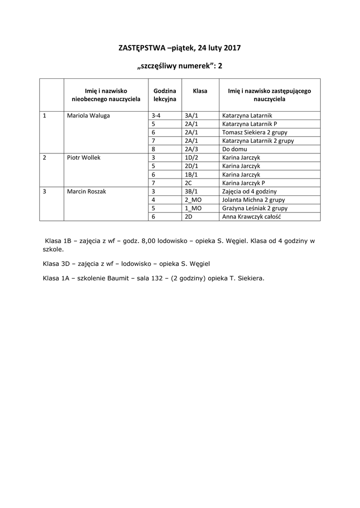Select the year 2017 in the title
point(232,48)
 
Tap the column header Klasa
point(200,91)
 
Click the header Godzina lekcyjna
point(165,95)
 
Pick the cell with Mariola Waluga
point(88,116)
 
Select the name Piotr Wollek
point(83,157)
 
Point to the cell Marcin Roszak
point(87,191)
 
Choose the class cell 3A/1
point(191,116)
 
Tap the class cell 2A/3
point(191,149)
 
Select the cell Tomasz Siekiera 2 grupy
point(255,132)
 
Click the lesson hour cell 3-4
point(156,116)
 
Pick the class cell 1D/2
point(191,157)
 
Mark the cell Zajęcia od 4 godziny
point(249,191)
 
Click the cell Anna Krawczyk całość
point(252,217)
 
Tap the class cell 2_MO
point(193,200)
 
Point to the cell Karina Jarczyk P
point(247,183)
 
